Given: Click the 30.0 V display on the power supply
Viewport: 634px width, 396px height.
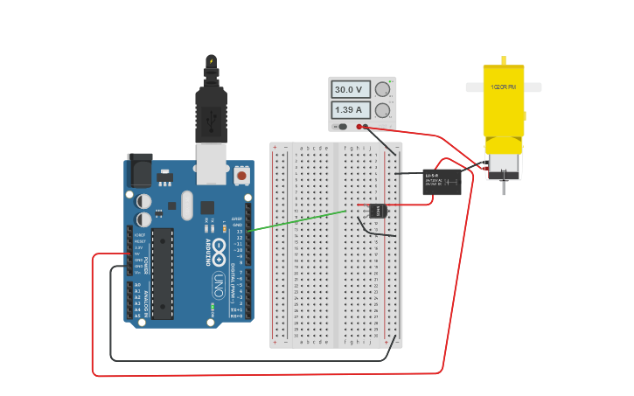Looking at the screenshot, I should [x=348, y=89].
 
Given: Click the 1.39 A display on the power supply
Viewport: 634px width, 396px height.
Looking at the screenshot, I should [x=348, y=110].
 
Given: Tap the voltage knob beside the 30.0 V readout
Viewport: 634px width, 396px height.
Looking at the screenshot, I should [x=382, y=89].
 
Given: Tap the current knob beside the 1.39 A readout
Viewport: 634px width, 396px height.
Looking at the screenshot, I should [x=382, y=110].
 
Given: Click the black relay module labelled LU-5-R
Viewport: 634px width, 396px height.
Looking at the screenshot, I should [x=442, y=182].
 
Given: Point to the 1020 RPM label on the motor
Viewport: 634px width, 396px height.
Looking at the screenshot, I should [x=503, y=87].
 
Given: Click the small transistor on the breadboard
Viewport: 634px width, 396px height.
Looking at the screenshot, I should [x=377, y=210].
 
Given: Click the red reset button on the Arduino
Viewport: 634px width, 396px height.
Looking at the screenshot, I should [x=241, y=176].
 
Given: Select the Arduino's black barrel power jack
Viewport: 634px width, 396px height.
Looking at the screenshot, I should [x=139, y=170].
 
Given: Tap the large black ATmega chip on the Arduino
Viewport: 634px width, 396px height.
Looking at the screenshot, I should [x=162, y=273].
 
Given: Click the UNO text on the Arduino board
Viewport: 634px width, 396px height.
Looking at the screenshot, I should [x=218, y=285].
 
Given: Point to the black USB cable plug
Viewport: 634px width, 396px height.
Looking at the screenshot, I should [x=211, y=114].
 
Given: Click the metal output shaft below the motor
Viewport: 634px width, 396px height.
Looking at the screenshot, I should [x=504, y=185].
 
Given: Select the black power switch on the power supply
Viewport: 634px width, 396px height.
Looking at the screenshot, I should [x=343, y=127].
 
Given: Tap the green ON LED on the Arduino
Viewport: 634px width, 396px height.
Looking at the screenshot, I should [x=212, y=308].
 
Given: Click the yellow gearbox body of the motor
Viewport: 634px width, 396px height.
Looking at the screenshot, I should [x=503, y=109].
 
